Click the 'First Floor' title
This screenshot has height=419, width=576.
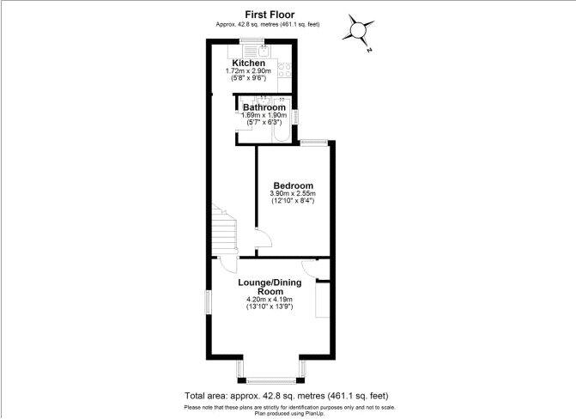click(270, 15)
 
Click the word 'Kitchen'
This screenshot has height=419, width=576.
click(248, 63)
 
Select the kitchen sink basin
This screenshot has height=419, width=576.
click(264, 51)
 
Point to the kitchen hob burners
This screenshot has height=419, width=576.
click(285, 70)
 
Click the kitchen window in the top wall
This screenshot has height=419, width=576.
click(252, 40)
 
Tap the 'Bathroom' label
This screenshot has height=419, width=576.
click(264, 107)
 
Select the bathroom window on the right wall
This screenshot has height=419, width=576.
click(294, 117)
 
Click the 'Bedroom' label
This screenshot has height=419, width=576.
click(293, 185)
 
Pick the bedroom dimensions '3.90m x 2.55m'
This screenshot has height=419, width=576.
click(293, 193)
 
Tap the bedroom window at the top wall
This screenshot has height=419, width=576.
click(313, 143)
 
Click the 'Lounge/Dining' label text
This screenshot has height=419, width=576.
click(270, 282)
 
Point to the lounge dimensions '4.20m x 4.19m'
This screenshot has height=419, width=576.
click(270, 299)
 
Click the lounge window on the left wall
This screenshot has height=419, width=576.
click(209, 302)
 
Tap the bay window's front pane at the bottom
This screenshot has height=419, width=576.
click(271, 380)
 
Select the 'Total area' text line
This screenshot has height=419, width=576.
click(286, 396)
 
